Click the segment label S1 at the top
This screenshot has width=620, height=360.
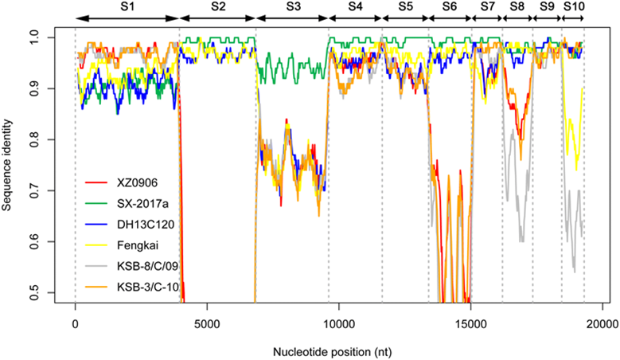point(127,6)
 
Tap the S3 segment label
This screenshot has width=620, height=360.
point(293,6)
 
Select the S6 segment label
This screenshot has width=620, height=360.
point(450,6)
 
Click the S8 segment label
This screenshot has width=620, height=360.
point(517,6)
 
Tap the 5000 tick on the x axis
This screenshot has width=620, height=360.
point(207,324)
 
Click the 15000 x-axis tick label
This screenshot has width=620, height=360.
point(470,324)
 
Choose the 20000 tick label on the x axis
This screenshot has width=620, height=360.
point(602,324)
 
